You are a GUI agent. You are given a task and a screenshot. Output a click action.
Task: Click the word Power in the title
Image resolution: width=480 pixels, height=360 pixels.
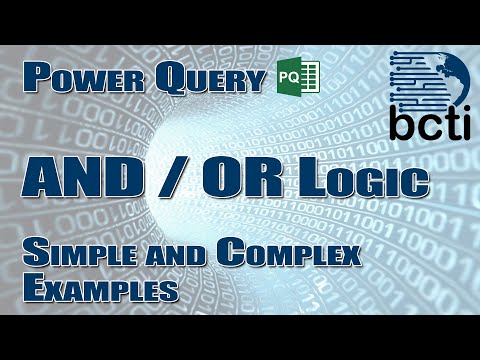point(76,79)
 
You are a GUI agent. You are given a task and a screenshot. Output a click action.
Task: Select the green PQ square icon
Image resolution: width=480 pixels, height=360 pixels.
point(287,76)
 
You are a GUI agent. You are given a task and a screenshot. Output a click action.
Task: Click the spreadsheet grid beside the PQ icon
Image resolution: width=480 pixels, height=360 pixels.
point(307,76)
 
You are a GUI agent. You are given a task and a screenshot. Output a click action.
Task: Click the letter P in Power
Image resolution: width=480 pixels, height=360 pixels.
point(39,78)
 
